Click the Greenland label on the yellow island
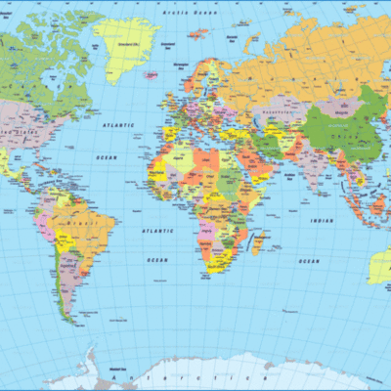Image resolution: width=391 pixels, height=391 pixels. coord(126,45)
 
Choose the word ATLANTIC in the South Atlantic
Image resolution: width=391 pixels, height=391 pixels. coord(155,230)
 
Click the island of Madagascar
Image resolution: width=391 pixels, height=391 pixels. coord(257,240)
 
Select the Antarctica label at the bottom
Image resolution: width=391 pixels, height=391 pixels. coord(166,375)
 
